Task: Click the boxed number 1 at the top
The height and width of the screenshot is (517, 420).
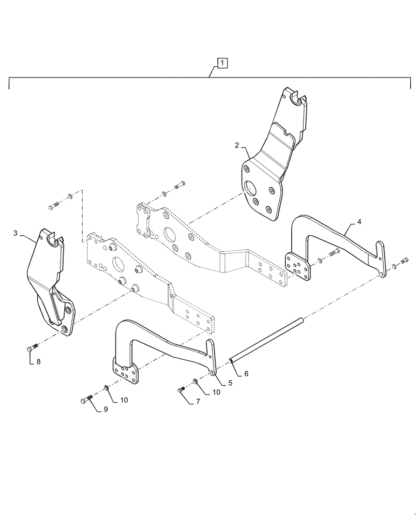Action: [221, 64]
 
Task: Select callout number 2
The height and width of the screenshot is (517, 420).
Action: [236, 146]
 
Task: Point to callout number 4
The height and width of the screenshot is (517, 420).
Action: [359, 223]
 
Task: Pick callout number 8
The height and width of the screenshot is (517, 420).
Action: [38, 361]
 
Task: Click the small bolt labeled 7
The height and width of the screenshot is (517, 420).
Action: [182, 389]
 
